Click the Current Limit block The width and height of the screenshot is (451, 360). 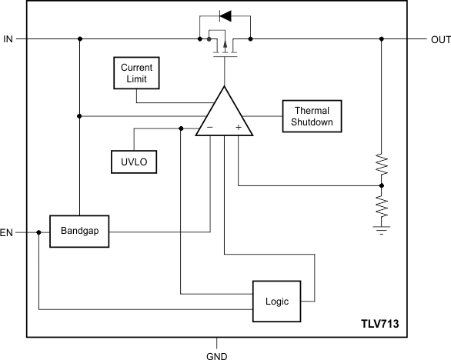click(x=136, y=73)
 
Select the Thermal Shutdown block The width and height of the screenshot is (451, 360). click(x=312, y=116)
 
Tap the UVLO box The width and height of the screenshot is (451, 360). click(x=133, y=162)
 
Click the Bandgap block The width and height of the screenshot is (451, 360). click(x=79, y=231)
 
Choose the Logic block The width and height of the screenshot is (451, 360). click(x=276, y=301)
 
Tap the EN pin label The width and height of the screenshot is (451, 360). click(x=7, y=232)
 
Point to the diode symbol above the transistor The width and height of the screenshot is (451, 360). click(x=225, y=15)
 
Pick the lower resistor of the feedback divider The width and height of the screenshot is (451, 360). click(x=382, y=205)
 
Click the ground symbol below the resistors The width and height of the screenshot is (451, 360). click(x=382, y=228)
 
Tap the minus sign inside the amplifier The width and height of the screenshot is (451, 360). click(x=210, y=128)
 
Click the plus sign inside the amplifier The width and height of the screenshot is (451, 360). click(x=239, y=128)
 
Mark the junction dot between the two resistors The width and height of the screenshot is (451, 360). click(x=382, y=185)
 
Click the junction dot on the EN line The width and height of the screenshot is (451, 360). click(x=38, y=232)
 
